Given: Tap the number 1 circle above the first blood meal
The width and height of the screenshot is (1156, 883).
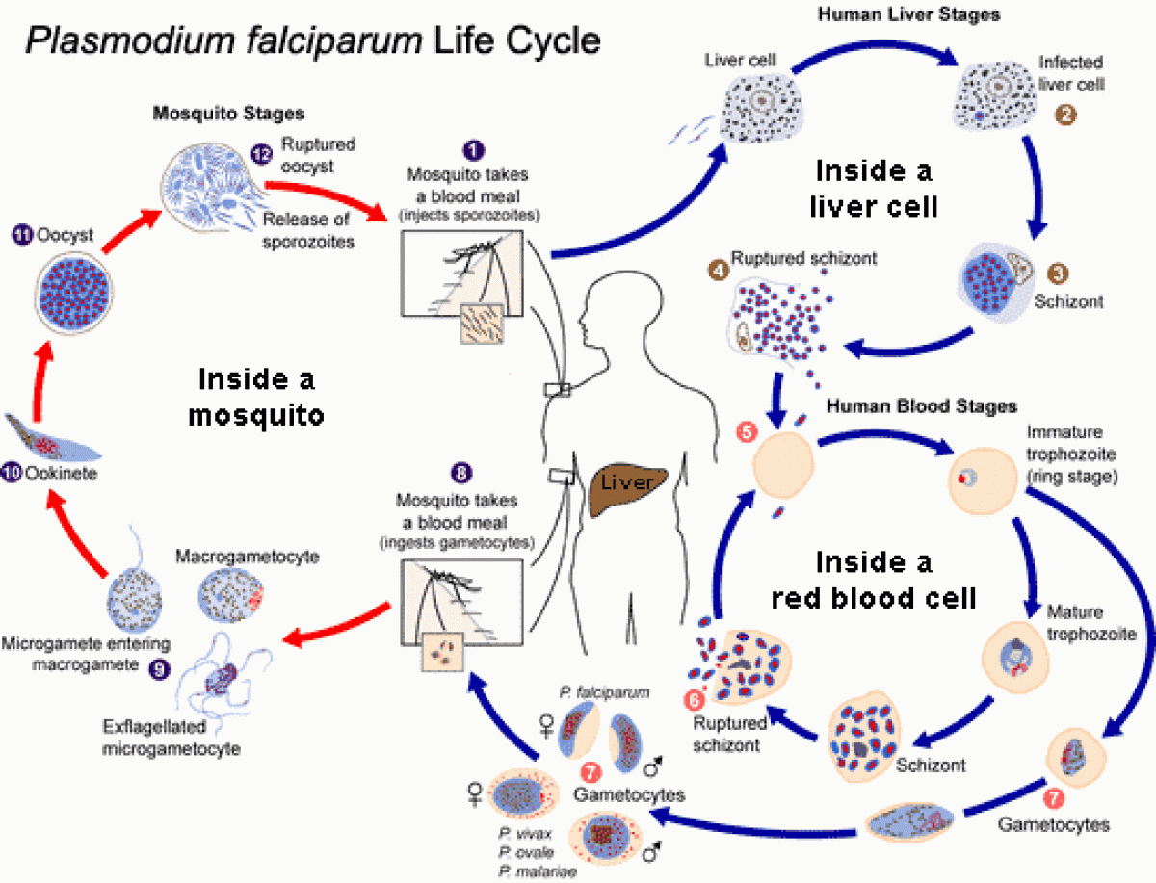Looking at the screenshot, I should [472, 150].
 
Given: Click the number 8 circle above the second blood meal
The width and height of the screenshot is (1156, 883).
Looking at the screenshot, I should [462, 473].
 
